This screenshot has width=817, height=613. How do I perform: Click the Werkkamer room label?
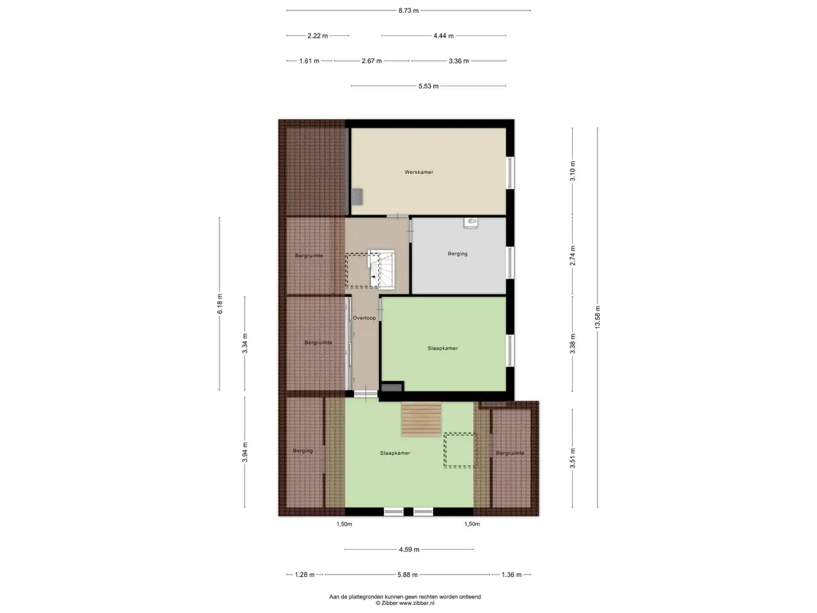coord(419,172)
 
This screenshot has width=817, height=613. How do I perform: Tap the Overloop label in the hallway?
coord(364,318)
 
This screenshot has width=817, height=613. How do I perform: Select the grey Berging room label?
coord(457,254)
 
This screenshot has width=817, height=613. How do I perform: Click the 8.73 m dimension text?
coord(408,10)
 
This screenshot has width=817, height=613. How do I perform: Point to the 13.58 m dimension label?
coord(598,317)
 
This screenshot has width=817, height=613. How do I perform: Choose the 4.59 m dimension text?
coord(409,549)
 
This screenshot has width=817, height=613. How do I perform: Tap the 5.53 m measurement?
coord(428,86)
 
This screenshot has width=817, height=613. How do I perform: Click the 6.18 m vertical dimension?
coord(219,304)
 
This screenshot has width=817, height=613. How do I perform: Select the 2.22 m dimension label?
coord(318,36)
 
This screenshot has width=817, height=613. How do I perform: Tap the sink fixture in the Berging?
coord(471,223)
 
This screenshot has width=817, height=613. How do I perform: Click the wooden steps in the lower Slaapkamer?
coord(421,419)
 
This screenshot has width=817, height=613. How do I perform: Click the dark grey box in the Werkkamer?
coord(357,196)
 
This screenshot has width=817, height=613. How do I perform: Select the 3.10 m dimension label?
coord(573,172)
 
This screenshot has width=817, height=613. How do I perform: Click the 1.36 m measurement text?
coord(511,575)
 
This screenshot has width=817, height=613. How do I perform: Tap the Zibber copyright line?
coord(405,603)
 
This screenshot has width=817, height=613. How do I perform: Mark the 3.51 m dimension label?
coord(573,459)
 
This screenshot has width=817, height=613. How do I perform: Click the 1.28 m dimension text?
coord(305,575)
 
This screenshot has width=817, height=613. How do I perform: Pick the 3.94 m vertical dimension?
coord(244,453)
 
